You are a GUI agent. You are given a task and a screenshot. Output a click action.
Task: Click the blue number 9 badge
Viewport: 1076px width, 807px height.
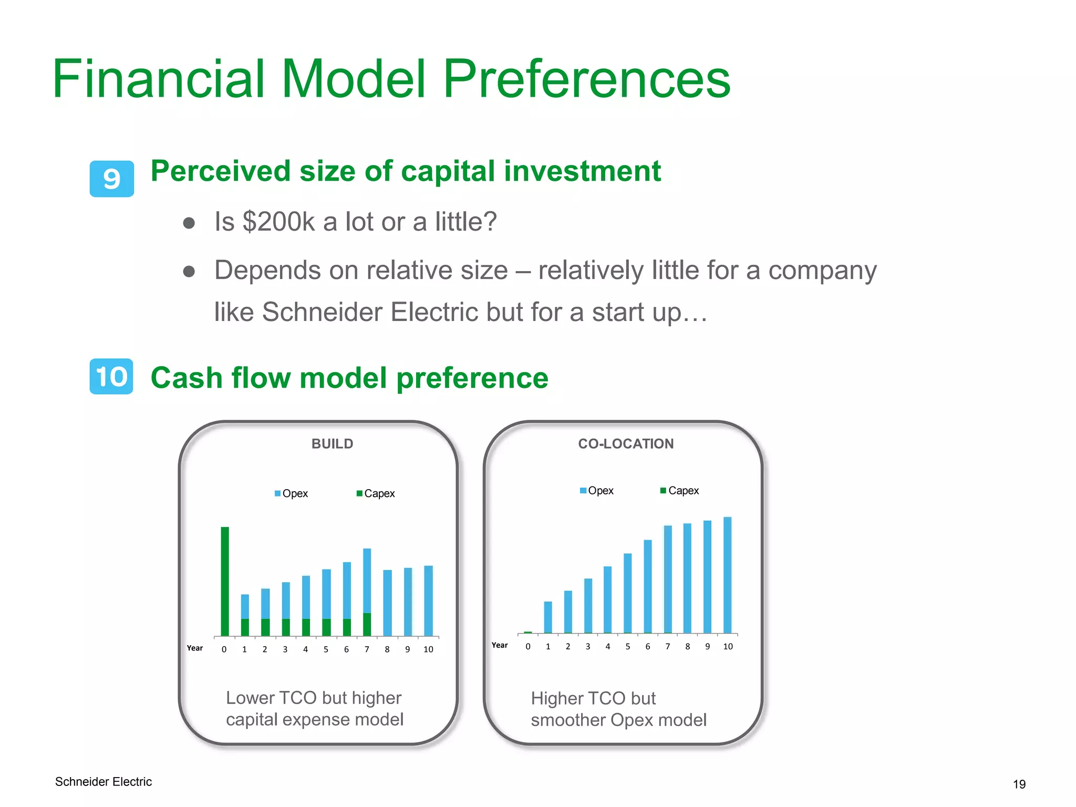111,179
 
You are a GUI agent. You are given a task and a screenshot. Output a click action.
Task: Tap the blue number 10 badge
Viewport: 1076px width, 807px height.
111,377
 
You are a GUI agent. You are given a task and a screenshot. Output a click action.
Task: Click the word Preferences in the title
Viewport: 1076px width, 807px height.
586,79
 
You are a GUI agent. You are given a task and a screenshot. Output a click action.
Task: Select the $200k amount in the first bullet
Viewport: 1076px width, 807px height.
278,222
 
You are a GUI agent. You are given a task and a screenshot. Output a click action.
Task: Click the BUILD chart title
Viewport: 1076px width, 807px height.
332,444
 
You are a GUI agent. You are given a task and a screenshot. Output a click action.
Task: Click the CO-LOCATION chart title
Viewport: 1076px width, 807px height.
625,444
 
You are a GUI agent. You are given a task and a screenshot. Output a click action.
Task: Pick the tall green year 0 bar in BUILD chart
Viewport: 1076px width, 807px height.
225,581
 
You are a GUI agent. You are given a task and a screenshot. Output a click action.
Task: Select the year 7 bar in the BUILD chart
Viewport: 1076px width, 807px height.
367,591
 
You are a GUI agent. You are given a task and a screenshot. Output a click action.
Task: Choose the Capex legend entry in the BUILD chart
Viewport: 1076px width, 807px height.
376,493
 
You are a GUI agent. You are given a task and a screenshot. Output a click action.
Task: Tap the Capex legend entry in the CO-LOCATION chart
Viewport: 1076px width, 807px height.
680,491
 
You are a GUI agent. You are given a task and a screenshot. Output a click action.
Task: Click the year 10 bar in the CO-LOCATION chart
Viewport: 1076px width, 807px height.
727,575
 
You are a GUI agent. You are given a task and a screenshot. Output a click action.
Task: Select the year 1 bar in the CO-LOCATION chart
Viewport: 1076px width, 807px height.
548,617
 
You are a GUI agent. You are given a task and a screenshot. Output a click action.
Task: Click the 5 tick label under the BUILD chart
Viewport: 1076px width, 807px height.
326,649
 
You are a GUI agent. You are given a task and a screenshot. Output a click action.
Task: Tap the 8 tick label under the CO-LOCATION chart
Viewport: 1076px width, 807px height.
687,647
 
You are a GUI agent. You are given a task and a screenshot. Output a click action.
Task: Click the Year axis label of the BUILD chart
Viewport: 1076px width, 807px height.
195,648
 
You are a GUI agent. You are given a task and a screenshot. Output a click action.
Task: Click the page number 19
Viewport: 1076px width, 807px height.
1019,784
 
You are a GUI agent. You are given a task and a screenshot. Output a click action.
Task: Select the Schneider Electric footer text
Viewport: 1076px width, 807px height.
104,782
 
